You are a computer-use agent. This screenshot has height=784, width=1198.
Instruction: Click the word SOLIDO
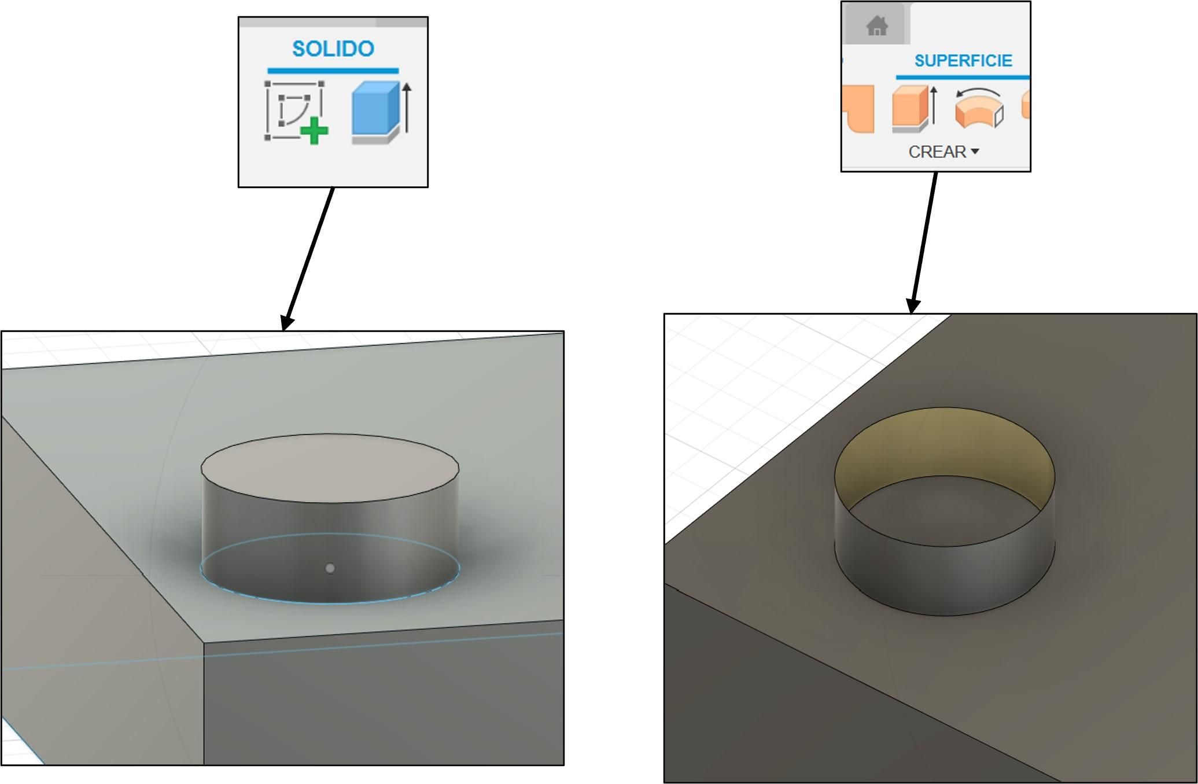coord(333,49)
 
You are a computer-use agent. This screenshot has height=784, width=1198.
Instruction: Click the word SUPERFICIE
coord(963,61)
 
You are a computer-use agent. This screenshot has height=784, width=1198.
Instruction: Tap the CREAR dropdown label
coord(937,152)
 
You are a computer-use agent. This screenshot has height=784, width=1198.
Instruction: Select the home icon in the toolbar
coord(877,26)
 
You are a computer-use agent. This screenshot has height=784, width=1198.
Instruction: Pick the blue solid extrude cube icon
coord(376,112)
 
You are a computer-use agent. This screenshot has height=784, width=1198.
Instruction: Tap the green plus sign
coord(314,131)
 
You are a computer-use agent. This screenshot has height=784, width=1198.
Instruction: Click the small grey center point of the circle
coord(330,568)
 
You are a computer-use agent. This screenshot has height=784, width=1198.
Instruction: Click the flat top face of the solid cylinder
coord(330,468)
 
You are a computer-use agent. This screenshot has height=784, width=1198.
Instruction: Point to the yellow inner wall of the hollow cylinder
coord(944,443)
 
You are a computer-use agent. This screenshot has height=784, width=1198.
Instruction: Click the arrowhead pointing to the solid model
coord(287,323)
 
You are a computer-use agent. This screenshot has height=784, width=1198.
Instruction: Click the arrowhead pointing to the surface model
coord(912,306)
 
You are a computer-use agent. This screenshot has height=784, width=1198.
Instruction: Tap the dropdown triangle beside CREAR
coord(975,152)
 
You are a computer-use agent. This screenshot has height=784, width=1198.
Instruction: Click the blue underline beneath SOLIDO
coord(333,71)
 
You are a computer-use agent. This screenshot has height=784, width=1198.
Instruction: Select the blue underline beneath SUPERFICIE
coord(963,76)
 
